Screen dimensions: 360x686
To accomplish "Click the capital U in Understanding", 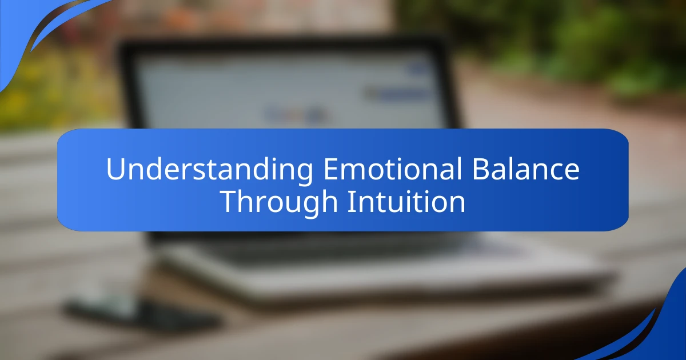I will (114, 170).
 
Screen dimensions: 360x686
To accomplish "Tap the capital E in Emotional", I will (329, 170).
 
